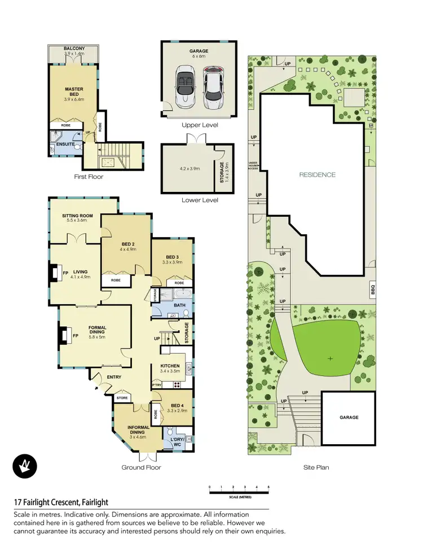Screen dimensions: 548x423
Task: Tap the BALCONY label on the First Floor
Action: tap(74, 49)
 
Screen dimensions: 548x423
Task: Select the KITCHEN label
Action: tap(170, 366)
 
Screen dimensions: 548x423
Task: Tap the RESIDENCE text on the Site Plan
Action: tap(317, 175)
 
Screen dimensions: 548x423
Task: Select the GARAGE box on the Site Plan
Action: tap(349, 418)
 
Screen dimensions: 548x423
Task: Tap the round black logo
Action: tap(25, 466)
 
